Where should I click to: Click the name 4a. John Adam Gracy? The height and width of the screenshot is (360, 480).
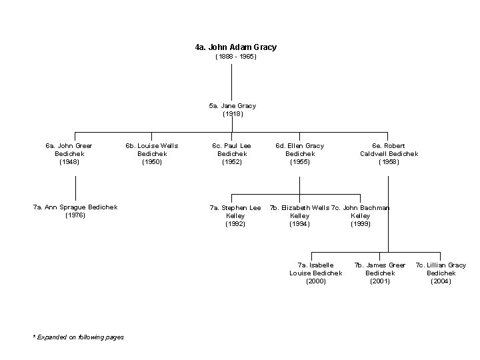[x=235, y=47]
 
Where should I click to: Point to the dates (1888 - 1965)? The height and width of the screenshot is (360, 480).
[x=235, y=57]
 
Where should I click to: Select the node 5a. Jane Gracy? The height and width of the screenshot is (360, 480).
[x=232, y=105]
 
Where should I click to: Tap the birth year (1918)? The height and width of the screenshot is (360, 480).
[x=232, y=114]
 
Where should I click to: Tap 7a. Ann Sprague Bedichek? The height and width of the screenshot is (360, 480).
[x=75, y=207]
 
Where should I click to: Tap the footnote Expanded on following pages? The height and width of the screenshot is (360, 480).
[x=79, y=337]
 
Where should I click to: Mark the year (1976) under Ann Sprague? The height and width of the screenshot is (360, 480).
[x=75, y=215]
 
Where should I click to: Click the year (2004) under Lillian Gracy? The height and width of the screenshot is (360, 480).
[x=441, y=281]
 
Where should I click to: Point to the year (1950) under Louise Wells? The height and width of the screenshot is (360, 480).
[x=152, y=161]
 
